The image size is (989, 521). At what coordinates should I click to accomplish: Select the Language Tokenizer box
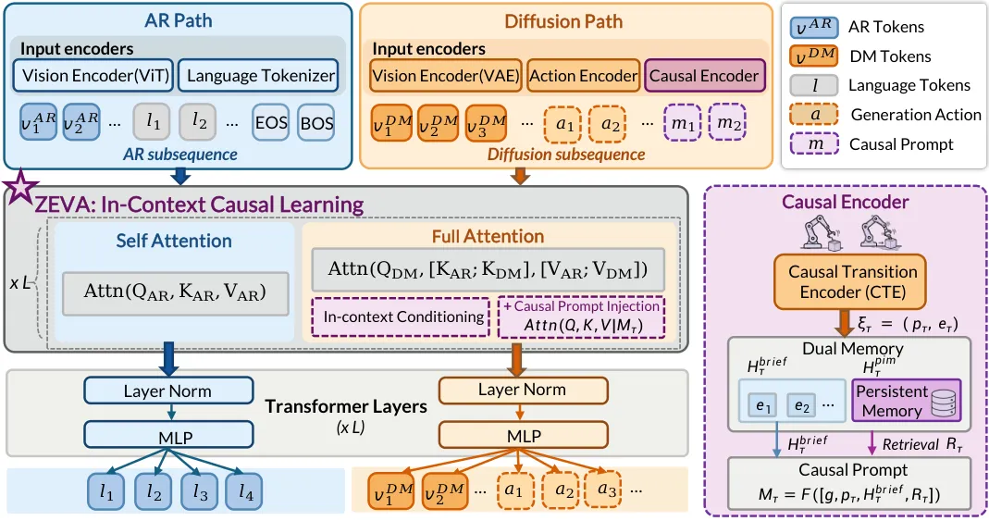[259, 76]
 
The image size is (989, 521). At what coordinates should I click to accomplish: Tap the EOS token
[271, 122]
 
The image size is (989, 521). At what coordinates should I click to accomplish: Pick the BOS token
[316, 122]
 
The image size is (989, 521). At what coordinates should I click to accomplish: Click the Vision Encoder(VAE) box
[445, 76]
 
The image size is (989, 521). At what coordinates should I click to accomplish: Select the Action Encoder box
[584, 76]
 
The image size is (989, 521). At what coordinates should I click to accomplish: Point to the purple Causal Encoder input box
[705, 76]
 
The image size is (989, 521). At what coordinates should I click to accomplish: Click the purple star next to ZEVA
[19, 187]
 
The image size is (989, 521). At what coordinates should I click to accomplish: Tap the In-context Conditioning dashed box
[403, 316]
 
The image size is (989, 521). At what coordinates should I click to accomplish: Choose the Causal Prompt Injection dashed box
[582, 316]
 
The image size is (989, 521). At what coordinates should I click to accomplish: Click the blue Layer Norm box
[168, 391]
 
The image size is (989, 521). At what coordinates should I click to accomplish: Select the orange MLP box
[524, 435]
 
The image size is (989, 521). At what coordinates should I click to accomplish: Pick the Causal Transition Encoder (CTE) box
[849, 281]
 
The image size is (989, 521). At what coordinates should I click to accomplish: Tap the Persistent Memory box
[907, 401]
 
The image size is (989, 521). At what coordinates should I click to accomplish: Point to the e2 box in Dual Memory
[801, 406]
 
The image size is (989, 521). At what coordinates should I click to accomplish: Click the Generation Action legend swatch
[813, 114]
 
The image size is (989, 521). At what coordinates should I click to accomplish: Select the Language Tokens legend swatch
[813, 85]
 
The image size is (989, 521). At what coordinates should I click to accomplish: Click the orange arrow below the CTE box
[844, 323]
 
